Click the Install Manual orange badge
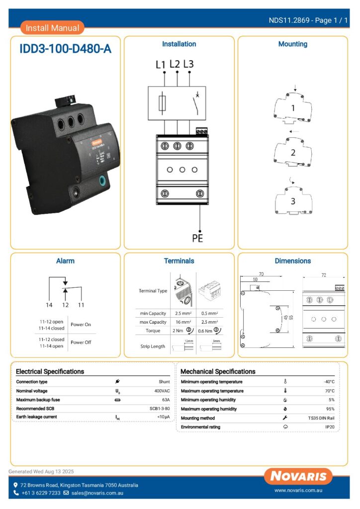tap(52, 28)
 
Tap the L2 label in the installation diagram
tap(175, 64)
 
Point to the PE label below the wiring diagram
tap(197, 238)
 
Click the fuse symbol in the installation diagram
tap(162, 103)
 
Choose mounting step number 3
tap(293, 201)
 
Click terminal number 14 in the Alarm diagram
tap(49, 304)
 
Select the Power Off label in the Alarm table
tap(81, 342)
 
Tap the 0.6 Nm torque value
tap(204, 331)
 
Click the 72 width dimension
tap(323, 275)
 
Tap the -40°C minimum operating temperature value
tap(329, 382)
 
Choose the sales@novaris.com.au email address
tap(97, 493)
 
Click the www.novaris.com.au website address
tap(299, 490)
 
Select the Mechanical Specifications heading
tap(218, 371)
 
